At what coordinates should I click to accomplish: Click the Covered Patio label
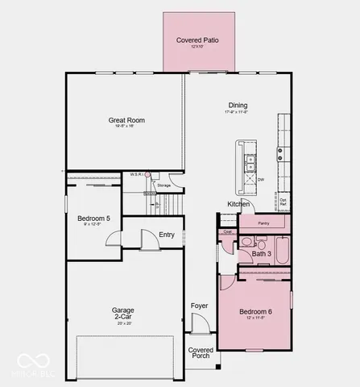[x=197, y=40]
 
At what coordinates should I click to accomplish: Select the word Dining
[x=238, y=106]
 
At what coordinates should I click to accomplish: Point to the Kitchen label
[x=238, y=204]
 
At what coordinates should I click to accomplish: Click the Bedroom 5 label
[x=93, y=218]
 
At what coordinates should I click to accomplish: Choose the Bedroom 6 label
[x=256, y=311]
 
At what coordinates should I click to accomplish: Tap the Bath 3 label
[x=261, y=254]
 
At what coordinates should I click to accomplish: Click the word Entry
[x=167, y=235]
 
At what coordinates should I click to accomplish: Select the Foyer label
[x=199, y=306]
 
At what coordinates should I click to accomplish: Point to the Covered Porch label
[x=201, y=352]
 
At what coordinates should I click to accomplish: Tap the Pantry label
[x=263, y=223]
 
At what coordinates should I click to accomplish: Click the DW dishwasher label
[x=261, y=180]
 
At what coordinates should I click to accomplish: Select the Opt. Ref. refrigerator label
[x=283, y=202]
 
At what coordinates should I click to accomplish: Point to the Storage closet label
[x=164, y=185]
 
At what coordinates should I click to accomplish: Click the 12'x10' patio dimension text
[x=197, y=47]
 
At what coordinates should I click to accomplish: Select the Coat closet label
[x=227, y=231]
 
